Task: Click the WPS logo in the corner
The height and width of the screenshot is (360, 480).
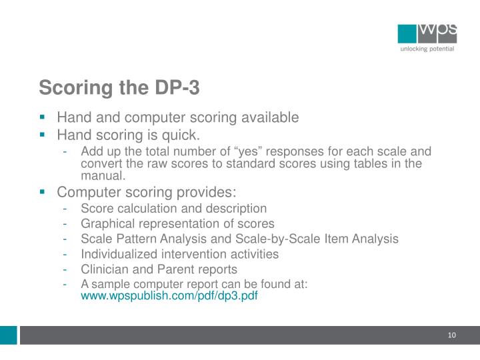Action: pos(427,33)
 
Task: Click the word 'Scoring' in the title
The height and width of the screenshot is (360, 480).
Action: pos(70,88)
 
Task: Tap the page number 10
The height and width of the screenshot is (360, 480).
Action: pos(451,334)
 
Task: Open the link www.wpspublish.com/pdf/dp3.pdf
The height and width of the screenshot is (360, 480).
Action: pos(169,296)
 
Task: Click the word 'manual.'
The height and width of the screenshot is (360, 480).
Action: pos(103,176)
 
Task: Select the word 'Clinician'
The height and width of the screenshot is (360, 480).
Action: pos(103,269)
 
